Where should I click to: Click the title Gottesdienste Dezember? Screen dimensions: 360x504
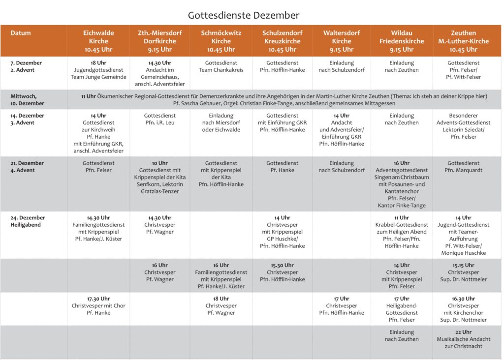[243, 15]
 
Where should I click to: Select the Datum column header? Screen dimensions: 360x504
[21, 33]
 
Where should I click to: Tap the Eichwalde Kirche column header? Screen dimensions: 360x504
[98, 41]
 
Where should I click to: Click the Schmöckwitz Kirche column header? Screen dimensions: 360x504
[221, 41]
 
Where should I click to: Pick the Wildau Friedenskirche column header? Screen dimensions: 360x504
[401, 41]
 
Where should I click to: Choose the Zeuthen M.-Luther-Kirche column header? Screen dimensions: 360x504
[463, 41]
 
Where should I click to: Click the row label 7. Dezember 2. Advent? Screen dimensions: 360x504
[26, 66]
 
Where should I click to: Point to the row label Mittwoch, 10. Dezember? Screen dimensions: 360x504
[27, 100]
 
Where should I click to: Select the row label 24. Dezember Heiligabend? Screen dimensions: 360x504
[28, 221]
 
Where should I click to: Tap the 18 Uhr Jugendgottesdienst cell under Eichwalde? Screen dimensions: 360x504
[98, 70]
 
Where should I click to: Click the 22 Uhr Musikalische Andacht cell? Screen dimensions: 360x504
[463, 339]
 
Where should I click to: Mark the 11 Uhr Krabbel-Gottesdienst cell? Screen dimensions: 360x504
[401, 232]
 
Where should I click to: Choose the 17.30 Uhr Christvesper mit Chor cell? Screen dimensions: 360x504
[98, 305]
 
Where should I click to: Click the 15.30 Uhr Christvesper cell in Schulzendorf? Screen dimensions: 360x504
[282, 272]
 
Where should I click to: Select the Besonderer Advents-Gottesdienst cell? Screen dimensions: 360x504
[463, 126]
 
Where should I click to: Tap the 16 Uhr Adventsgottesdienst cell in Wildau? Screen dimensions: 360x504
[401, 184]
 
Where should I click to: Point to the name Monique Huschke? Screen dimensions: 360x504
[463, 253]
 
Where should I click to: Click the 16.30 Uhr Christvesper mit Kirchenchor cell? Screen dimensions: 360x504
[463, 309]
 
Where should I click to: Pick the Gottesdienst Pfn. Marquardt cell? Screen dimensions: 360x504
[463, 167]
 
